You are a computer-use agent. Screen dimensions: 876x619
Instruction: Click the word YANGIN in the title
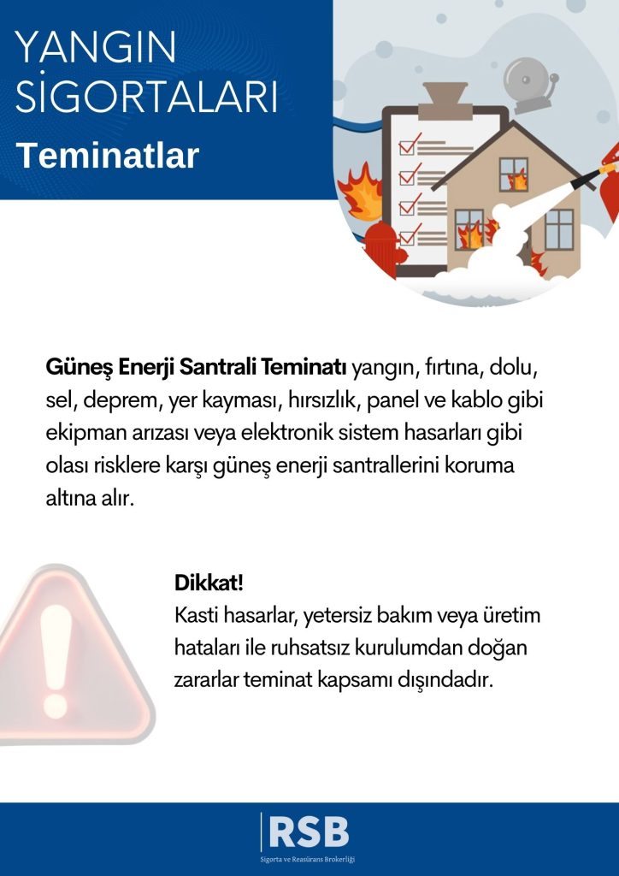tap(96, 48)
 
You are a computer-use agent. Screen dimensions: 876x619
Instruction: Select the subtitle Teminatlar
tap(108, 157)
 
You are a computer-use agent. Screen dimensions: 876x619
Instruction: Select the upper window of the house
tap(514, 174)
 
